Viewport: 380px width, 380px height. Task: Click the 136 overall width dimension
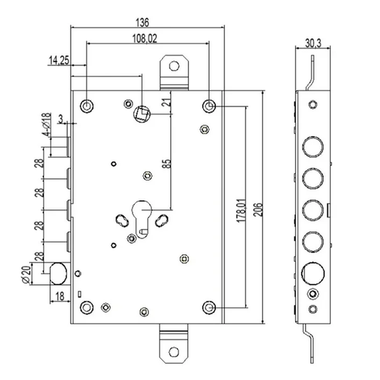142,22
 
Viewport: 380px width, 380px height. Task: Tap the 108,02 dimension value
145,38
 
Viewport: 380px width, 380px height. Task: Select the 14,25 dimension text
59,60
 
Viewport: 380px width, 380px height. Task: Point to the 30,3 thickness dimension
313,43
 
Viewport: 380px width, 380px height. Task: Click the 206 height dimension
259,210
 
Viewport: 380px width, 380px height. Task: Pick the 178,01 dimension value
242,210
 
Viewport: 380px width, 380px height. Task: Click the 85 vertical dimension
167,163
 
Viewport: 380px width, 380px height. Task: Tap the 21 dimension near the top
167,101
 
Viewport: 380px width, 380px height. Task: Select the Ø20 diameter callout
26,274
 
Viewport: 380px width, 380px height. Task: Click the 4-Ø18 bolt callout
46,124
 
